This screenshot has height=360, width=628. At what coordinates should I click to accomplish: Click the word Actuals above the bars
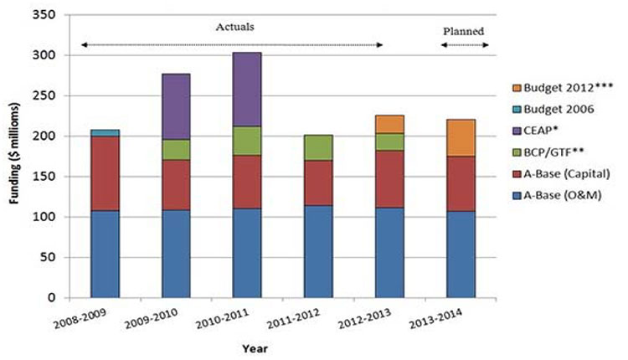232,28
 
